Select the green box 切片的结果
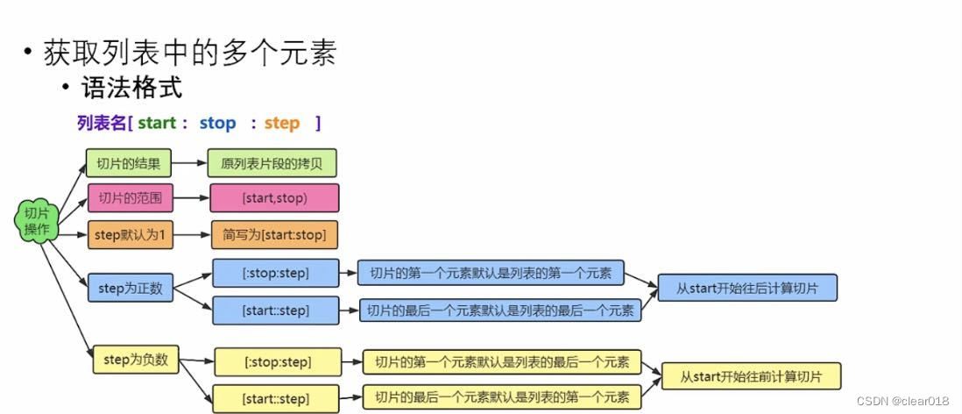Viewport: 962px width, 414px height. pos(128,163)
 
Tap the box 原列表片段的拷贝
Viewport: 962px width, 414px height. pos(272,163)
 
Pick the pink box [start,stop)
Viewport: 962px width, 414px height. pos(273,198)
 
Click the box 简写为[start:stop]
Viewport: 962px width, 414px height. pos(273,235)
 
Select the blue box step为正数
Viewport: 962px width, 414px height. pos(130,287)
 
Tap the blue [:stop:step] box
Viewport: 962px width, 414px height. pos(275,273)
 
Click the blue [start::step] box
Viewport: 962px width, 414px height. pos(275,310)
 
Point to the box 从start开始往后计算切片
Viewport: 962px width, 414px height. pos(747,288)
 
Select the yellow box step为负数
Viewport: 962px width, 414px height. pos(135,359)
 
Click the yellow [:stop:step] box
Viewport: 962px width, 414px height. pos(277,360)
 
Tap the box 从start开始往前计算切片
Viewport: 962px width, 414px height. pos(752,376)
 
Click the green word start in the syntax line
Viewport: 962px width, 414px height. pos(157,123)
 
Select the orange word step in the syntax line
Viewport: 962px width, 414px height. pos(281,123)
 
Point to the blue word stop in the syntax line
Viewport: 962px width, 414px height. pos(217,123)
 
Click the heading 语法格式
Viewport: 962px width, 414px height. pos(131,89)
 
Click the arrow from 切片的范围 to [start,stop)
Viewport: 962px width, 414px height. pos(190,198)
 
